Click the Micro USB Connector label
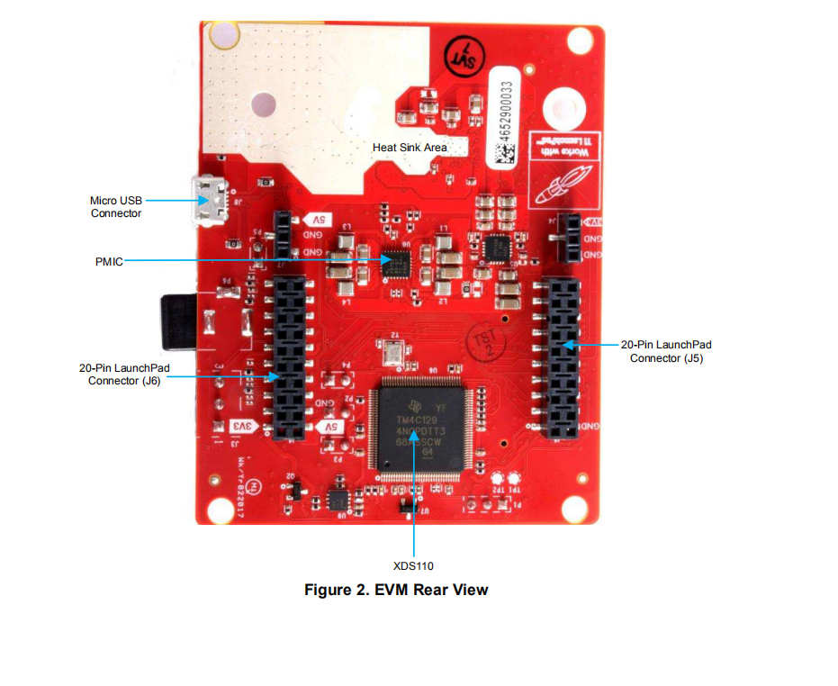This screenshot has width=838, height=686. pos(115,206)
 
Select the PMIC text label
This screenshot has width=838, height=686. pos(108,261)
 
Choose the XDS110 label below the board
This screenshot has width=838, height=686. pos(413,565)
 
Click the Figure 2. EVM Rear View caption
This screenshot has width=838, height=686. pos(396,590)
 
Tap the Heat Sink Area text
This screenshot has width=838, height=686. pos(410,147)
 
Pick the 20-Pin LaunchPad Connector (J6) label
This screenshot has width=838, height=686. pos(124,374)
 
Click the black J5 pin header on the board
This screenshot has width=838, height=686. pos(564,357)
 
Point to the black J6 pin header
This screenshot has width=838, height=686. pos(289,357)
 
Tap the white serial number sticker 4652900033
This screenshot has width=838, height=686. pos(505,115)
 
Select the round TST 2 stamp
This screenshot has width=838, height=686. pos(483,343)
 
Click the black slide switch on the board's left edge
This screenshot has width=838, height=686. pos(175,320)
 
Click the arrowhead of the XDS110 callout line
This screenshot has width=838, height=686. pos(414,438)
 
